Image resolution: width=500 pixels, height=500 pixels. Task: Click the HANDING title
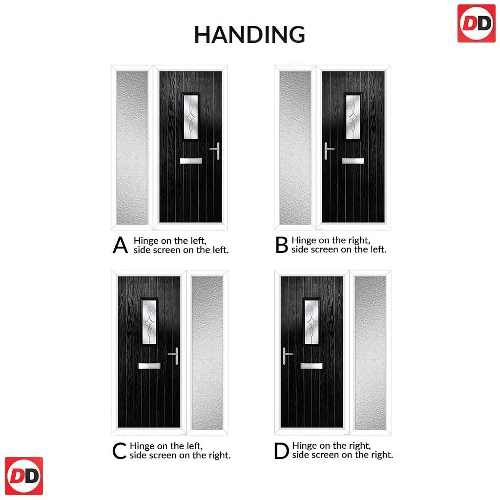click(x=250, y=35)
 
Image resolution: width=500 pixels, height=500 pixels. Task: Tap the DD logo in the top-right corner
click(x=476, y=23)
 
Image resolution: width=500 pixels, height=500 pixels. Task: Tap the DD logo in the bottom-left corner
click(x=24, y=476)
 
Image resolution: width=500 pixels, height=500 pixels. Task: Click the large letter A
click(x=120, y=245)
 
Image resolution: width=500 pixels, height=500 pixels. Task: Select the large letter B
click(x=282, y=245)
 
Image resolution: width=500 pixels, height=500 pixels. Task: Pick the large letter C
click(x=120, y=451)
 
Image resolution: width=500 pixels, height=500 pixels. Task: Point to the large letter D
click(x=281, y=451)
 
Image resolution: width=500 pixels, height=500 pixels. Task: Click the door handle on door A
click(x=215, y=150)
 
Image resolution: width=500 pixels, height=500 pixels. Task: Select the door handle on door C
click(x=174, y=356)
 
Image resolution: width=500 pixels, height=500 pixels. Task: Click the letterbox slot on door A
click(x=191, y=161)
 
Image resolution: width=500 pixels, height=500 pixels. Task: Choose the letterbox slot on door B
click(x=353, y=161)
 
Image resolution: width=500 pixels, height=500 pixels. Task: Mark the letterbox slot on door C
click(x=149, y=366)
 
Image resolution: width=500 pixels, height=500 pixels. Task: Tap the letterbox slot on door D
click(x=312, y=366)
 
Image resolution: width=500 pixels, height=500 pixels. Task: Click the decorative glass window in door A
click(x=191, y=117)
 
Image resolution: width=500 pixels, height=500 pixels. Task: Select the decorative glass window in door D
click(x=312, y=322)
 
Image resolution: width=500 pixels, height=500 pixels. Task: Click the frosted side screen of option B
click(x=295, y=147)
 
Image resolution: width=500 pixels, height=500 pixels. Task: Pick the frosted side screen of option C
click(x=207, y=353)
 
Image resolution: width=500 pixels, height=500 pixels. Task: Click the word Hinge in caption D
click(x=305, y=446)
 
